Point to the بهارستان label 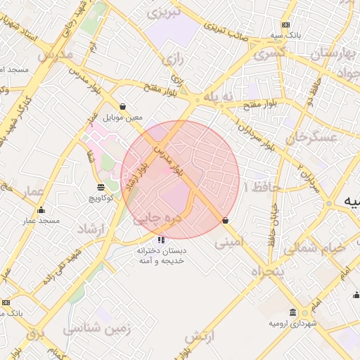(321, 53)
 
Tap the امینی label (230, 243)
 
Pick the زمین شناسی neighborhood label (91, 328)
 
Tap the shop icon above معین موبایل (123, 106)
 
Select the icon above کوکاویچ (100, 187)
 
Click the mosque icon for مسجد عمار (41, 210)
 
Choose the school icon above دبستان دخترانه (161, 240)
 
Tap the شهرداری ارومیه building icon (293, 312)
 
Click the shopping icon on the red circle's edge (225, 220)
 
